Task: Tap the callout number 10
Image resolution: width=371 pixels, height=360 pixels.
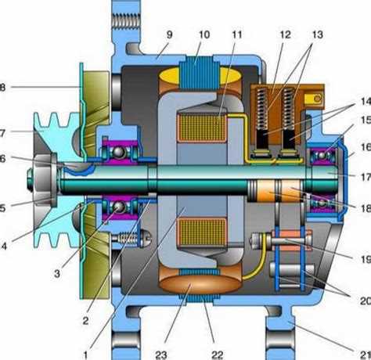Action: coord(205,35)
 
